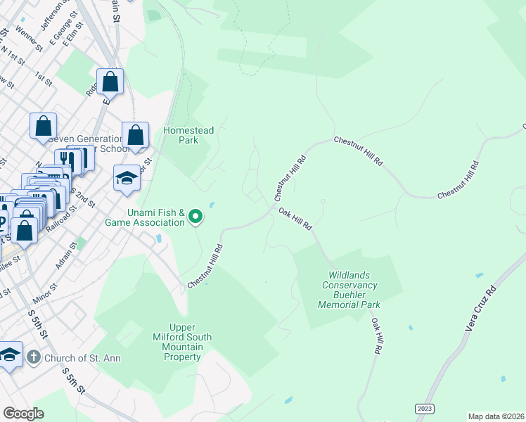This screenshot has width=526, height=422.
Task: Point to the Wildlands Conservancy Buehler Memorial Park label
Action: [349, 290]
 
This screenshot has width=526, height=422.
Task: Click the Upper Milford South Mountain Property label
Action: [181, 342]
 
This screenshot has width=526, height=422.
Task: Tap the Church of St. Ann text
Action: [82, 358]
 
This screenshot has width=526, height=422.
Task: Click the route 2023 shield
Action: [425, 407]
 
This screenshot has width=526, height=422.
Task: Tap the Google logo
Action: [23, 414]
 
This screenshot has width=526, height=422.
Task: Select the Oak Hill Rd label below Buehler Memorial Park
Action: [377, 335]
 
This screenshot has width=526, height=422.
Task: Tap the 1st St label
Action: [44, 78]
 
